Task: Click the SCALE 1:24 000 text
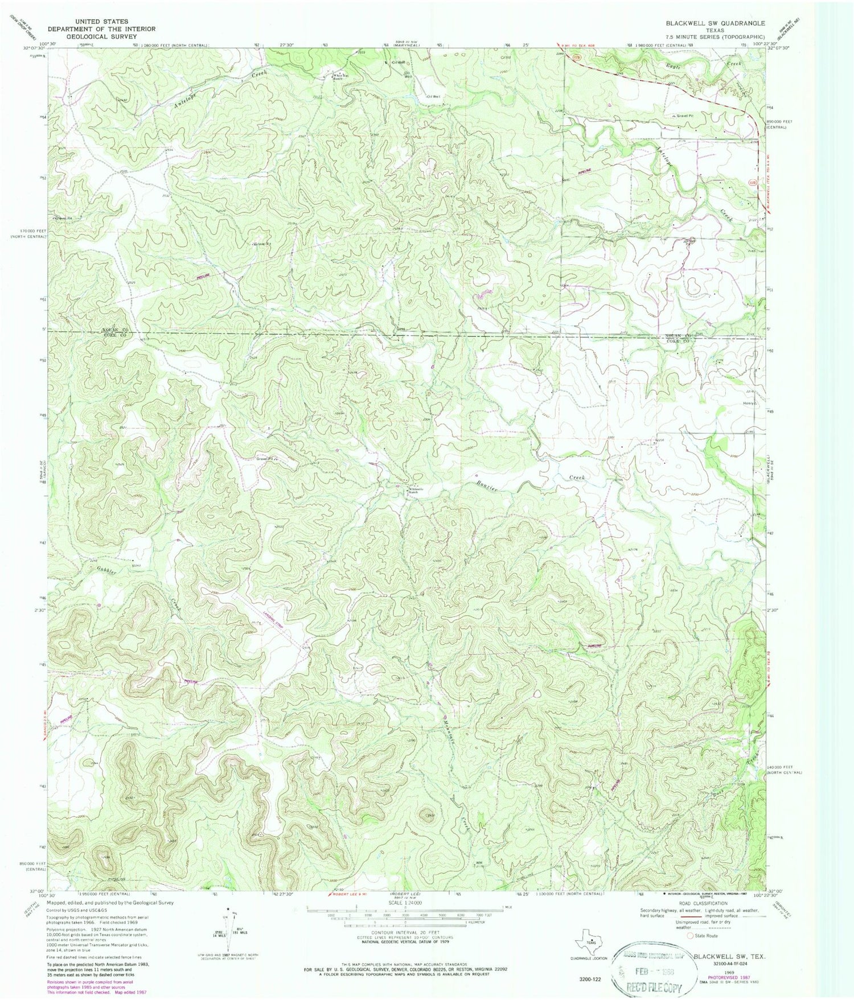click(404, 903)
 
